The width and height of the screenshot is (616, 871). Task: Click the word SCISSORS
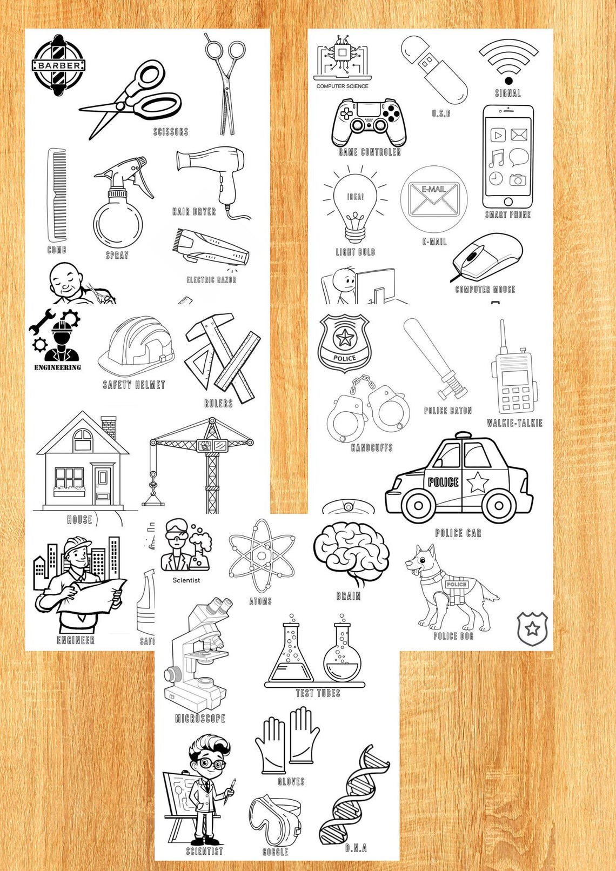171,131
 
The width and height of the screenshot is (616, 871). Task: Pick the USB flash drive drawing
434,69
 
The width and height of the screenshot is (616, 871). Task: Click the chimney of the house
109,426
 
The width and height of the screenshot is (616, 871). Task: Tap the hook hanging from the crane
153,490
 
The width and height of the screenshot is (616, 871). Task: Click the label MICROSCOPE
200,718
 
